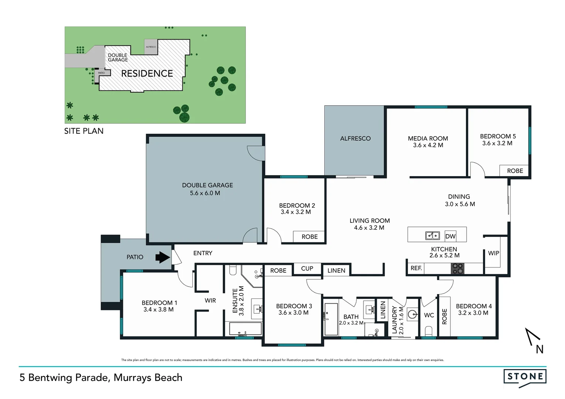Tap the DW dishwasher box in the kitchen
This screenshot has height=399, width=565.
point(450,236)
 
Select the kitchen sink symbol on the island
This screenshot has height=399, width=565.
point(432,236)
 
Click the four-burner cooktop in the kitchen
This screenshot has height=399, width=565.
point(457,269)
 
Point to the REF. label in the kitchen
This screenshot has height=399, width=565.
point(416,268)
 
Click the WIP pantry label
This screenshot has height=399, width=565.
point(493,253)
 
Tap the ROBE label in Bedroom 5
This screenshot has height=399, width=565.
point(515,171)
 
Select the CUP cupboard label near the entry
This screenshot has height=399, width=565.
point(307,269)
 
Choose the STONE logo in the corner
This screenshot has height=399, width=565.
point(525,377)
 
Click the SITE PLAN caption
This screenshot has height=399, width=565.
point(84,131)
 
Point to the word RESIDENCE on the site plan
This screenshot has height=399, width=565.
point(147,74)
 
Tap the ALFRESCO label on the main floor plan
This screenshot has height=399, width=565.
point(355,139)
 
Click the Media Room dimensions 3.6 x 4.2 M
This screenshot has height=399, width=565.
point(428,145)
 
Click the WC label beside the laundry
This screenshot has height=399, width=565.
point(429,315)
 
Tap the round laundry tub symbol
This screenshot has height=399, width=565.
point(412,315)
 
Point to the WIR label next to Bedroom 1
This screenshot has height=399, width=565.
point(210,301)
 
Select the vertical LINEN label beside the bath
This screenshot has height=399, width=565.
point(383,310)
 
